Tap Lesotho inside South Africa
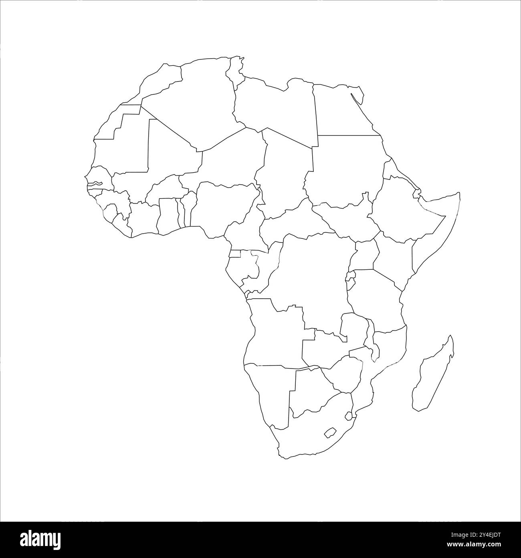[330, 433]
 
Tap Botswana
[311, 389]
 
